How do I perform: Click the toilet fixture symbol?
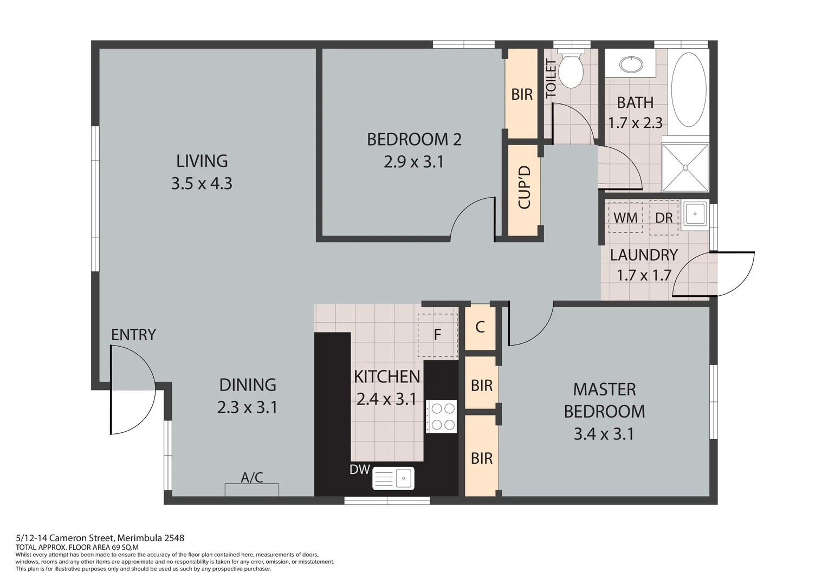(571, 70)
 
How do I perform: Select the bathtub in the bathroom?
(688, 89)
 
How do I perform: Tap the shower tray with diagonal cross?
(685, 167)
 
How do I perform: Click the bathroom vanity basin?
(631, 64)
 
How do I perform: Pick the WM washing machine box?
(625, 218)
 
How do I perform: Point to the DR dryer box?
(664, 218)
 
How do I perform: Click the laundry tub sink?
(694, 215)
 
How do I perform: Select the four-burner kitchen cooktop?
(442, 417)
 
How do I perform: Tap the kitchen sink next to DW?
(393, 478)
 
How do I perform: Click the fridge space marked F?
(437, 335)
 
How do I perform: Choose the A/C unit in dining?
(252, 490)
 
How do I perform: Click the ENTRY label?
(133, 335)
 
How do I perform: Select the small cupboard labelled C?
(480, 327)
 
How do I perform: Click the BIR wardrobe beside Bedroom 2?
(521, 94)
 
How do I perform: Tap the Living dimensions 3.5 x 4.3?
(202, 184)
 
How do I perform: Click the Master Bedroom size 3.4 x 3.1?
(604, 434)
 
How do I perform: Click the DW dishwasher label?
(359, 470)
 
